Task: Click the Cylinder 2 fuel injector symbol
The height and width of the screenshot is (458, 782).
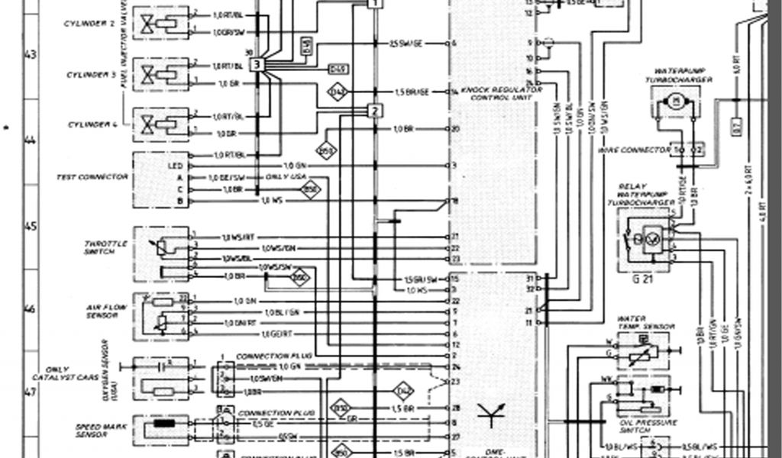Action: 160,23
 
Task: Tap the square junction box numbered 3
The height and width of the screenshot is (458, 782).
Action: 257,65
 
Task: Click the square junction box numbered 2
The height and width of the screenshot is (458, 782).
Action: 373,111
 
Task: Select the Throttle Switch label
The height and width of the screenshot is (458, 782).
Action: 99,247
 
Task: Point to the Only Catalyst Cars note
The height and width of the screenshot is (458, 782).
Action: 57,373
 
